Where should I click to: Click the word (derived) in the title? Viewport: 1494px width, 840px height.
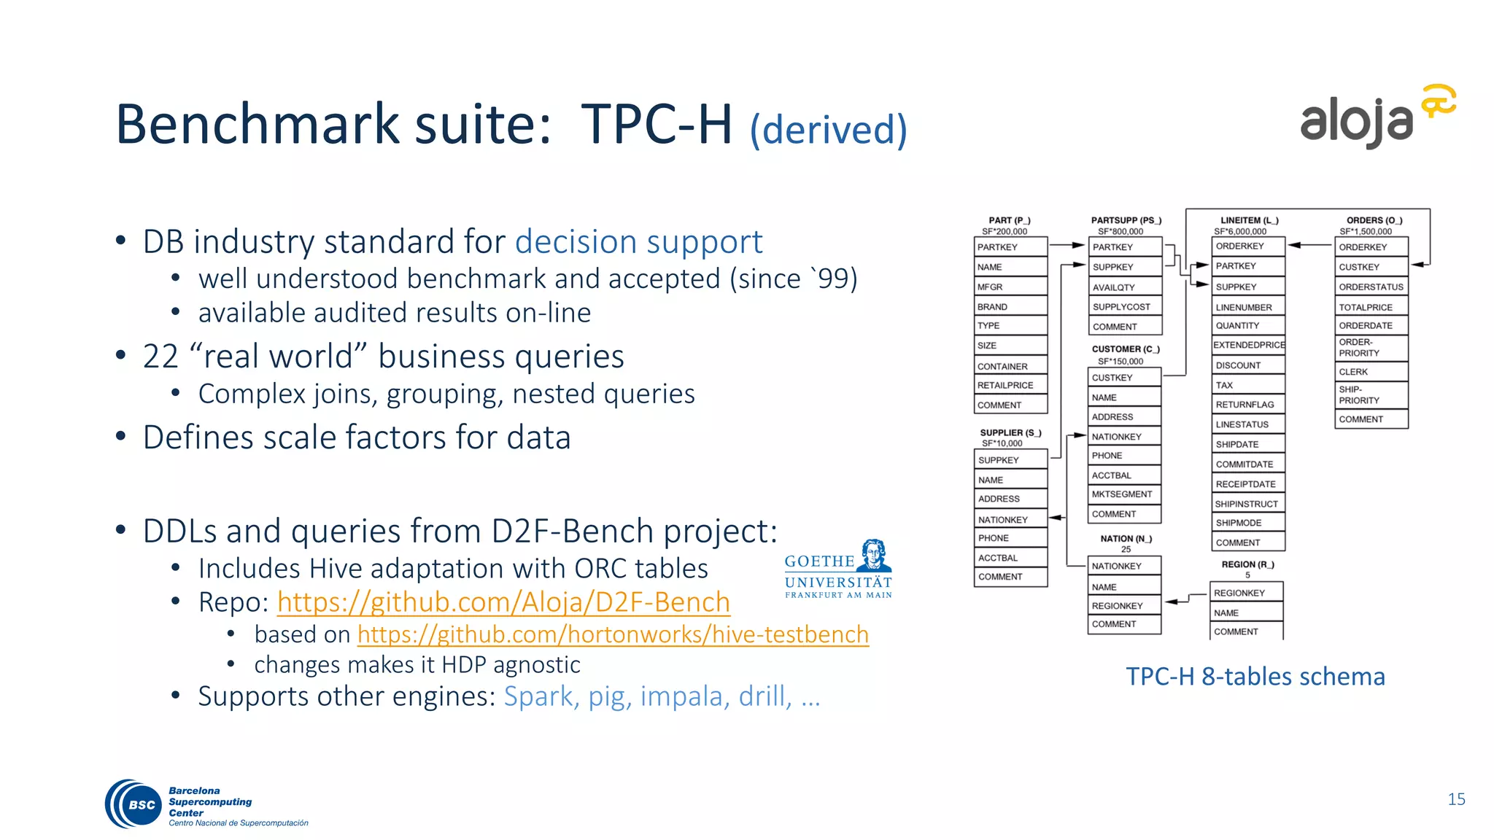pos(829,130)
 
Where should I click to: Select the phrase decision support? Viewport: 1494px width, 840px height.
pos(638,242)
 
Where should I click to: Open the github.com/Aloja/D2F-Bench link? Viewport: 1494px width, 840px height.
pos(503,602)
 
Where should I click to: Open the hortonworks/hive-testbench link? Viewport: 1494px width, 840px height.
pos(613,634)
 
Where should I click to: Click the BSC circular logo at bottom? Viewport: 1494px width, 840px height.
pos(134,804)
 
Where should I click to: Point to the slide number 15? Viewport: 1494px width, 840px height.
pos(1456,799)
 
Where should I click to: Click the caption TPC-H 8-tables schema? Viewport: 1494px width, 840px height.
pos(1255,677)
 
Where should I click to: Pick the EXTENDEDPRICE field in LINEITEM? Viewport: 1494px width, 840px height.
pos(1248,345)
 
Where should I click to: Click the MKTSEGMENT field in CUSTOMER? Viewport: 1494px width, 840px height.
pos(1123,494)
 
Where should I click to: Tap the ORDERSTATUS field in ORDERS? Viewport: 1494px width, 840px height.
pos(1370,287)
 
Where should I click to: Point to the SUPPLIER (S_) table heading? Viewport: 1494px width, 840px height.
pos(1010,432)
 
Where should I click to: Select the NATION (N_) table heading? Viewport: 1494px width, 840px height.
pos(1126,539)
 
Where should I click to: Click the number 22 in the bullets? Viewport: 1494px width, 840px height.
pos(160,357)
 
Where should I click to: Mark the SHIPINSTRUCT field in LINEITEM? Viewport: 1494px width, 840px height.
pos(1247,504)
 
